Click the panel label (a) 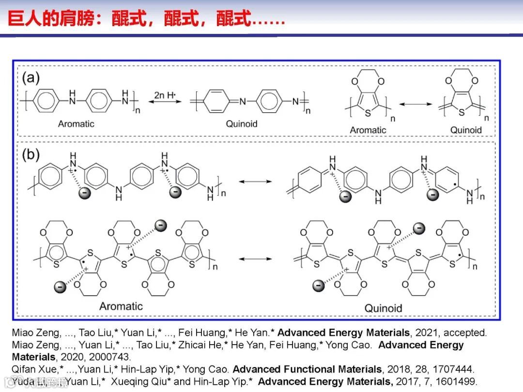[x=31, y=77]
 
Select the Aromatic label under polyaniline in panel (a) [x=76, y=124]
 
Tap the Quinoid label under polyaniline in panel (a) [x=242, y=124]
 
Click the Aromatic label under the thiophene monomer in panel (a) [x=368, y=130]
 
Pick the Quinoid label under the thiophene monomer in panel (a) [x=466, y=130]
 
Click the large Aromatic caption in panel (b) [x=121, y=306]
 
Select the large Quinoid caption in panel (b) [x=383, y=308]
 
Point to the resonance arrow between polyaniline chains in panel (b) [x=256, y=181]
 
